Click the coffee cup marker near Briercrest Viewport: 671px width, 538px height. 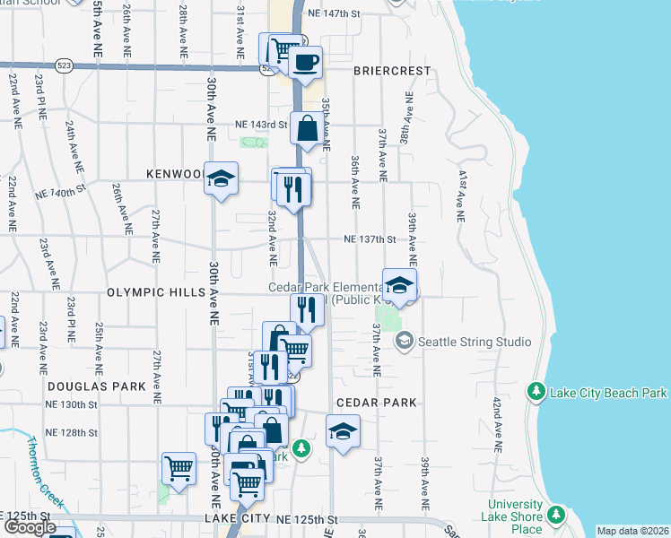click(x=306, y=63)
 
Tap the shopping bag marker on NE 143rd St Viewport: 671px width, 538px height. click(x=307, y=129)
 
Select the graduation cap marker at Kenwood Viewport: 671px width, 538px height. click(x=220, y=178)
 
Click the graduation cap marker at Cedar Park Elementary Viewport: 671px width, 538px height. click(x=400, y=286)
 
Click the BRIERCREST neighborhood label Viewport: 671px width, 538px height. click(x=392, y=70)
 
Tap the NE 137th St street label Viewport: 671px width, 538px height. click(x=370, y=239)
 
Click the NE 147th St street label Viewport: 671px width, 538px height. click(x=333, y=14)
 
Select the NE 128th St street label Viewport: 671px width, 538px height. click(x=73, y=432)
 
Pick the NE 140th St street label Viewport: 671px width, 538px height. click(x=59, y=189)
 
